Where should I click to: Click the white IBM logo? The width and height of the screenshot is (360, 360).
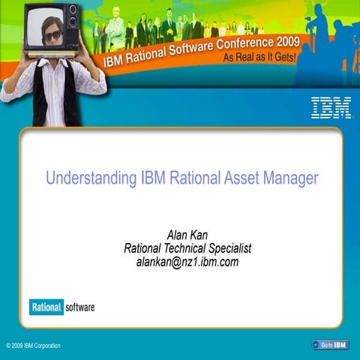[x=331, y=108]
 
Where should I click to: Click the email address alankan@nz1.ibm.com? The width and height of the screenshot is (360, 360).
[x=187, y=262]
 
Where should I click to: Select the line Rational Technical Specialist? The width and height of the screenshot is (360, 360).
[x=187, y=248]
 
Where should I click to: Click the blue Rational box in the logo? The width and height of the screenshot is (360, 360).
[x=45, y=307]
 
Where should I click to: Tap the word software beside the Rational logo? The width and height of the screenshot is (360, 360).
[x=79, y=307]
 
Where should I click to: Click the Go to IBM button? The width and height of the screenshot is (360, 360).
[x=330, y=345]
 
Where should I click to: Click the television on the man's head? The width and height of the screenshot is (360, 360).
[x=51, y=27]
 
